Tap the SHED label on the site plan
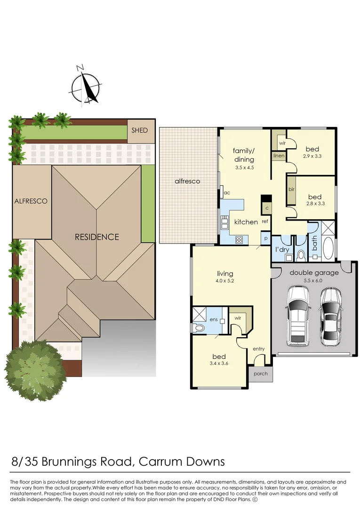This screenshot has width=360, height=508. tap(139, 130)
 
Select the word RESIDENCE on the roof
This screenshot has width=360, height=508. tap(97, 237)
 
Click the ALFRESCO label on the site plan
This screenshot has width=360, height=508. tap(32, 201)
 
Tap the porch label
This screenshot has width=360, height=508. tap(260, 373)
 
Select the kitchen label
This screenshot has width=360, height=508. tap(246, 222)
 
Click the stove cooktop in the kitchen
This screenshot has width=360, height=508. tap(239, 239)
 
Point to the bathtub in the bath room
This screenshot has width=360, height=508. tap(328, 248)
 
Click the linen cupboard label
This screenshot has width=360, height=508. tap(278, 155)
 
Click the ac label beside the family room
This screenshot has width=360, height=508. tap(226, 192)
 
